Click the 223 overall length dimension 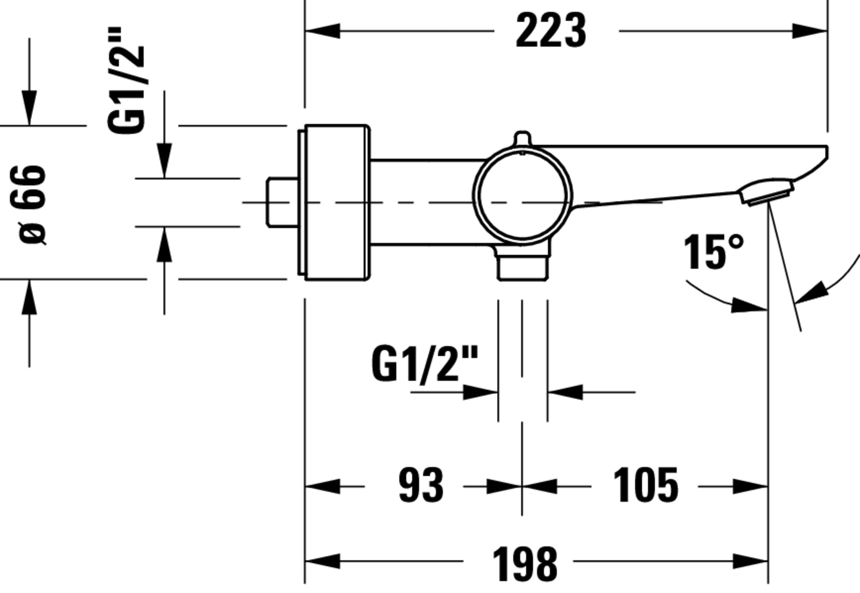click(x=551, y=31)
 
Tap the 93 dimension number click(x=421, y=486)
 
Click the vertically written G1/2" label click(x=126, y=80)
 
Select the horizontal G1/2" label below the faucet click(x=424, y=364)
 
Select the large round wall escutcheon click(x=336, y=202)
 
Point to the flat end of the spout click(x=827, y=152)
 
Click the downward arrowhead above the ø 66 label click(x=29, y=108)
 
